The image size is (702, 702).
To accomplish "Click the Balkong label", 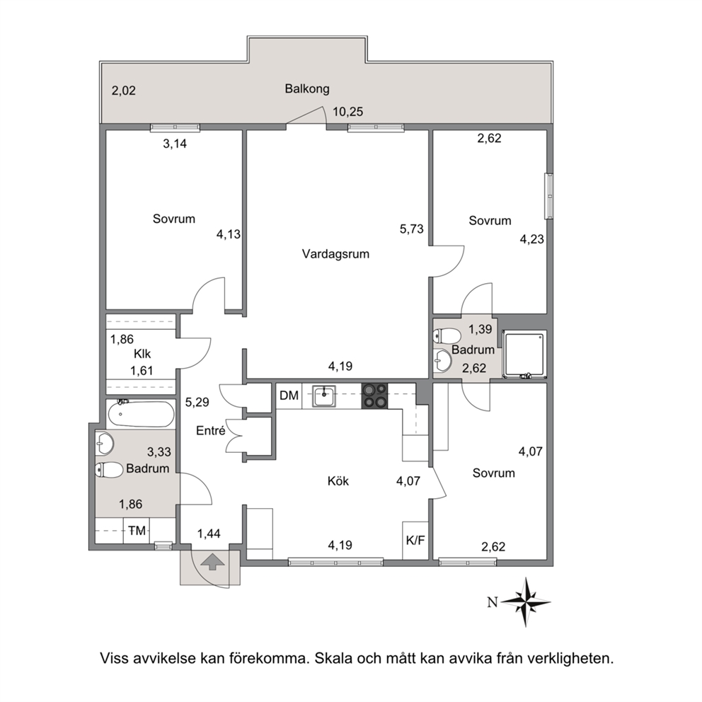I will (x=307, y=89).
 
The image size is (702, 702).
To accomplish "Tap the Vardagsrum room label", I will (x=335, y=253).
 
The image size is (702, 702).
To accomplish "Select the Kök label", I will (x=338, y=481).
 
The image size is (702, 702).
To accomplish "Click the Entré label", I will (x=210, y=430).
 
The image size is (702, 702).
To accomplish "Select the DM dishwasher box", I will (x=289, y=396).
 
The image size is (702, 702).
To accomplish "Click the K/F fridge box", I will (x=415, y=541).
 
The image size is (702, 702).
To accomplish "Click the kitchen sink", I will (x=324, y=396).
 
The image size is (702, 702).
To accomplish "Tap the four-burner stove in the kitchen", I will (x=375, y=396).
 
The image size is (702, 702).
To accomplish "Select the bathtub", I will (x=140, y=414).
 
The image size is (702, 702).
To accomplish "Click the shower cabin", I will (x=524, y=354).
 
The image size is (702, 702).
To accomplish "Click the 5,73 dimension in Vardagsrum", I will (x=412, y=229).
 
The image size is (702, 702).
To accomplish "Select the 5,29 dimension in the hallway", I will (x=197, y=403).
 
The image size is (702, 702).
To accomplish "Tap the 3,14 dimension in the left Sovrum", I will (x=175, y=144).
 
